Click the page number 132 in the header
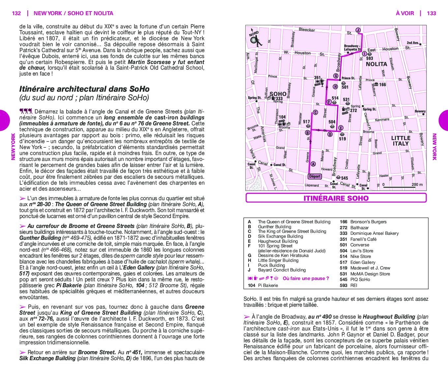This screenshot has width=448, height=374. tap(16, 13)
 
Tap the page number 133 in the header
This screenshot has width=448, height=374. tap(431, 13)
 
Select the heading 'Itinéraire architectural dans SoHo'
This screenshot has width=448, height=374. tap(84, 89)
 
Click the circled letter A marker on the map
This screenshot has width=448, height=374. tap(313, 164)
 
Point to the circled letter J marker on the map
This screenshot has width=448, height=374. tap(358, 30)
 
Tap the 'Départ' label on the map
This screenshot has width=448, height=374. tap(315, 176)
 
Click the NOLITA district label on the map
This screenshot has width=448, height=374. tap(376, 64)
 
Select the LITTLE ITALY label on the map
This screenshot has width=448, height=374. tap(401, 141)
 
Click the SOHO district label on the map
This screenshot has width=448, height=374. tap(278, 94)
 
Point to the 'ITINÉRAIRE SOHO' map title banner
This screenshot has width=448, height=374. tap(336, 198)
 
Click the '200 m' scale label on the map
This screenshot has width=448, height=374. tap(417, 185)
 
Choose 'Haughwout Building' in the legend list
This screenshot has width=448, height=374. tap(278, 241)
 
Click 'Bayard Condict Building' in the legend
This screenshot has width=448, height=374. tap(282, 270)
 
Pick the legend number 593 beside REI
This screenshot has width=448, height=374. tap(343, 285)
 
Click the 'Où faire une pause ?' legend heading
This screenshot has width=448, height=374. tap(306, 278)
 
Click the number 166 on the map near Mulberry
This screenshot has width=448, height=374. tap(382, 85)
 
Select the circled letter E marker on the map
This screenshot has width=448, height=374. tap(341, 128)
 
